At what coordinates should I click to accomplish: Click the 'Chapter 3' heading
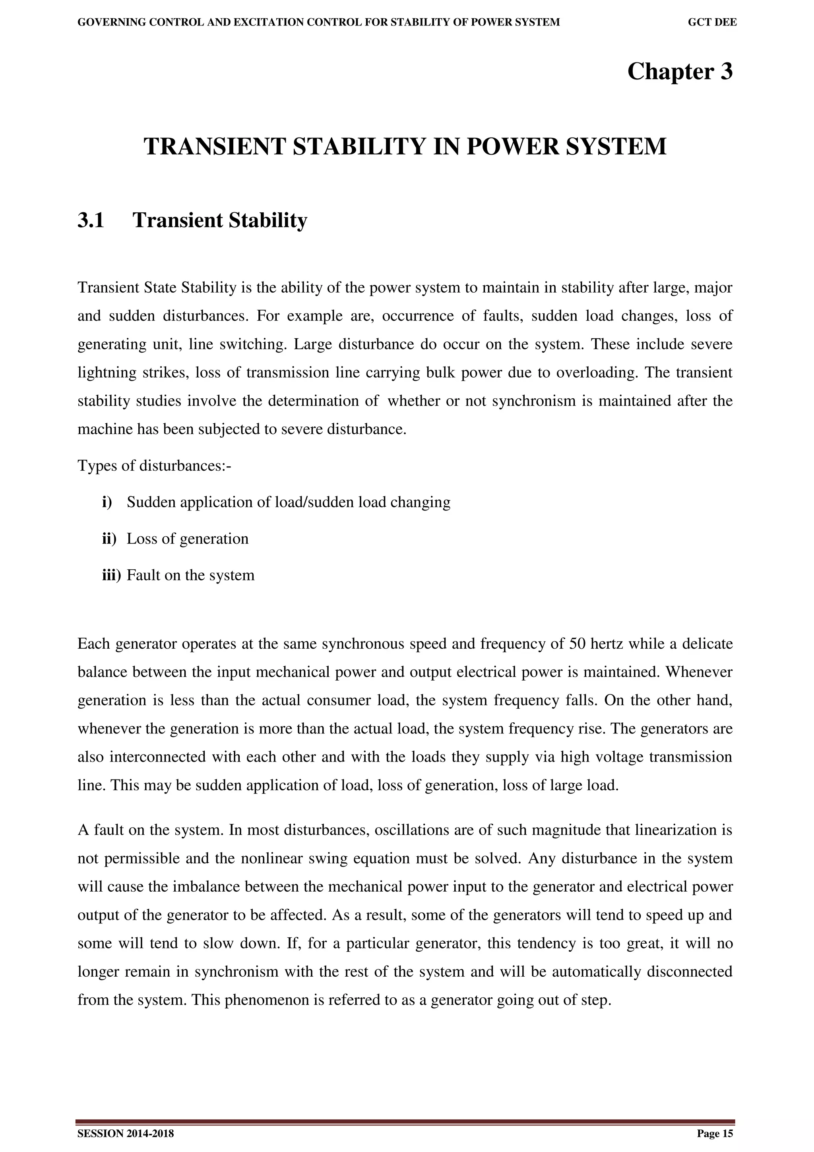[x=680, y=72]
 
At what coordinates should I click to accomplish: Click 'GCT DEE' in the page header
[x=712, y=23]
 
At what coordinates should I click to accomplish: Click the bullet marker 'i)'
[x=107, y=502]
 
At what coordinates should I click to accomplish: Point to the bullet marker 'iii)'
[x=111, y=575]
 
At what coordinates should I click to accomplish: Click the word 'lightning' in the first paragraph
[x=102, y=373]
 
